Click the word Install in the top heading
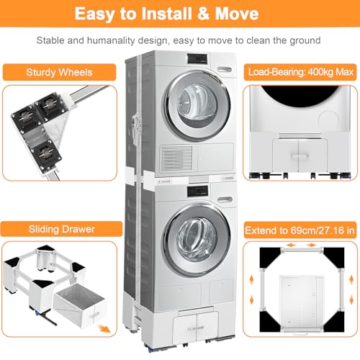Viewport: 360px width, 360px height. pos(167,14)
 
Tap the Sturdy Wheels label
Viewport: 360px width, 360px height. pos(59,72)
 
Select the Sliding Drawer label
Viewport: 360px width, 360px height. pos(62,229)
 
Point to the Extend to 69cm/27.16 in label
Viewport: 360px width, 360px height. pos(300,230)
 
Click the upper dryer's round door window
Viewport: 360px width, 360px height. pos(197,106)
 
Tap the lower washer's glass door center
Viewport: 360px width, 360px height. pos(197,240)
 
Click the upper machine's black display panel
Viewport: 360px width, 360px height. pos(197,59)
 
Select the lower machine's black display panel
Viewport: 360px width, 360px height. pos(197,192)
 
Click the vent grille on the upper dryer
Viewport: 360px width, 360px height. pos(176,158)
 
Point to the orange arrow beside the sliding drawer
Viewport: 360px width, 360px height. pos(105,328)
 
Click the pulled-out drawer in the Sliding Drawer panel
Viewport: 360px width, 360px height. pos(79,304)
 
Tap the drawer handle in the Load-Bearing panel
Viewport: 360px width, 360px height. pos(300,156)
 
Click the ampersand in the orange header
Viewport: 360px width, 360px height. pos(204,14)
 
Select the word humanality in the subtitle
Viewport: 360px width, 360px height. pos(111,40)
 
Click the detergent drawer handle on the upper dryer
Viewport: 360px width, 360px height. pos(225,69)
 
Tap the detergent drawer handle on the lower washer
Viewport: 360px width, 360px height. pos(225,199)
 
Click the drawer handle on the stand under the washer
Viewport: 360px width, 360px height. pos(196,328)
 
